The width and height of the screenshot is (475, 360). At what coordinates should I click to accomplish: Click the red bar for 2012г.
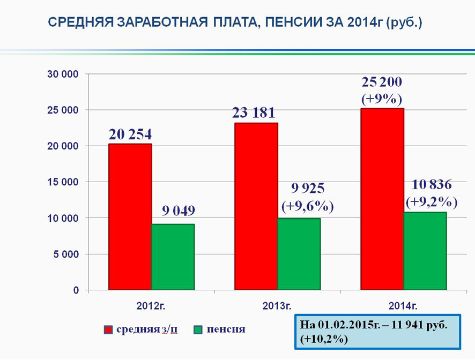tap(130, 217)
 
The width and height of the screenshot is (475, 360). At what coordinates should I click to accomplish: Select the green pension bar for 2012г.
tap(173, 257)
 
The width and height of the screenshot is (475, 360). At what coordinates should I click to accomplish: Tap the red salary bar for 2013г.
tap(256, 207)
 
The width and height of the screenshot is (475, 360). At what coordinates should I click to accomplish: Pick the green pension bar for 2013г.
tap(299, 254)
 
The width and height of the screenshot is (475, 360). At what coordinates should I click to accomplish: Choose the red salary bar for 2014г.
tap(382, 199)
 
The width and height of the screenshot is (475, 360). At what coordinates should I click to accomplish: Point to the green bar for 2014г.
tap(425, 251)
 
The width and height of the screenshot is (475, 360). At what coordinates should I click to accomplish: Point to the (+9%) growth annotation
tap(382, 100)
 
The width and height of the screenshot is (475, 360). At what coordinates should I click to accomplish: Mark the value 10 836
tap(432, 185)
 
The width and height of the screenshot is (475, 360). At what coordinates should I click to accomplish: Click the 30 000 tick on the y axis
tap(63, 74)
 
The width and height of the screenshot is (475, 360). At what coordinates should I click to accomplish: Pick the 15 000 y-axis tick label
tap(63, 182)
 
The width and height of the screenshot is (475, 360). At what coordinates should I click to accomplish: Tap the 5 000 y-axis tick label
tap(66, 254)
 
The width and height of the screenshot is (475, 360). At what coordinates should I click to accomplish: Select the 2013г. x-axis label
tap(277, 306)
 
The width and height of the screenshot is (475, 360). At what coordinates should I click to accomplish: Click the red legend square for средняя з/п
tap(109, 329)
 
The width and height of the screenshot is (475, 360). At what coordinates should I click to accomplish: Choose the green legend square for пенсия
tap(198, 329)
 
